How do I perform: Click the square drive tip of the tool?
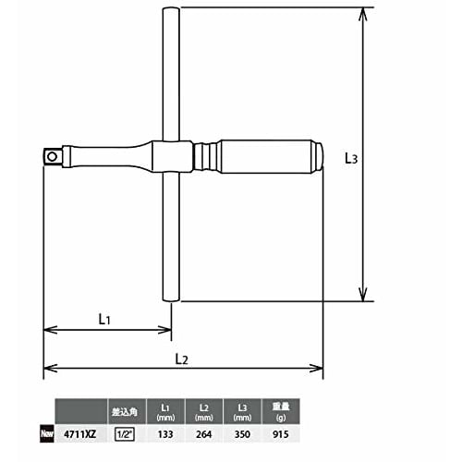tap(53, 157)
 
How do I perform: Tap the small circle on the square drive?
tap(52, 157)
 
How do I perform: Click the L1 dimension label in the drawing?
tap(104, 319)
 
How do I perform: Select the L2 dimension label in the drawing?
tap(181, 359)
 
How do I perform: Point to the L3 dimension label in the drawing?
tap(351, 158)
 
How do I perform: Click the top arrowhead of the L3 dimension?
tap(364, 14)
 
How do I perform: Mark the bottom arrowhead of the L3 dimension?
tap(364, 295)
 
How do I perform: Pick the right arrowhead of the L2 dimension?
tap(316, 368)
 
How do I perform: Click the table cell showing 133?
tap(165, 434)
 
